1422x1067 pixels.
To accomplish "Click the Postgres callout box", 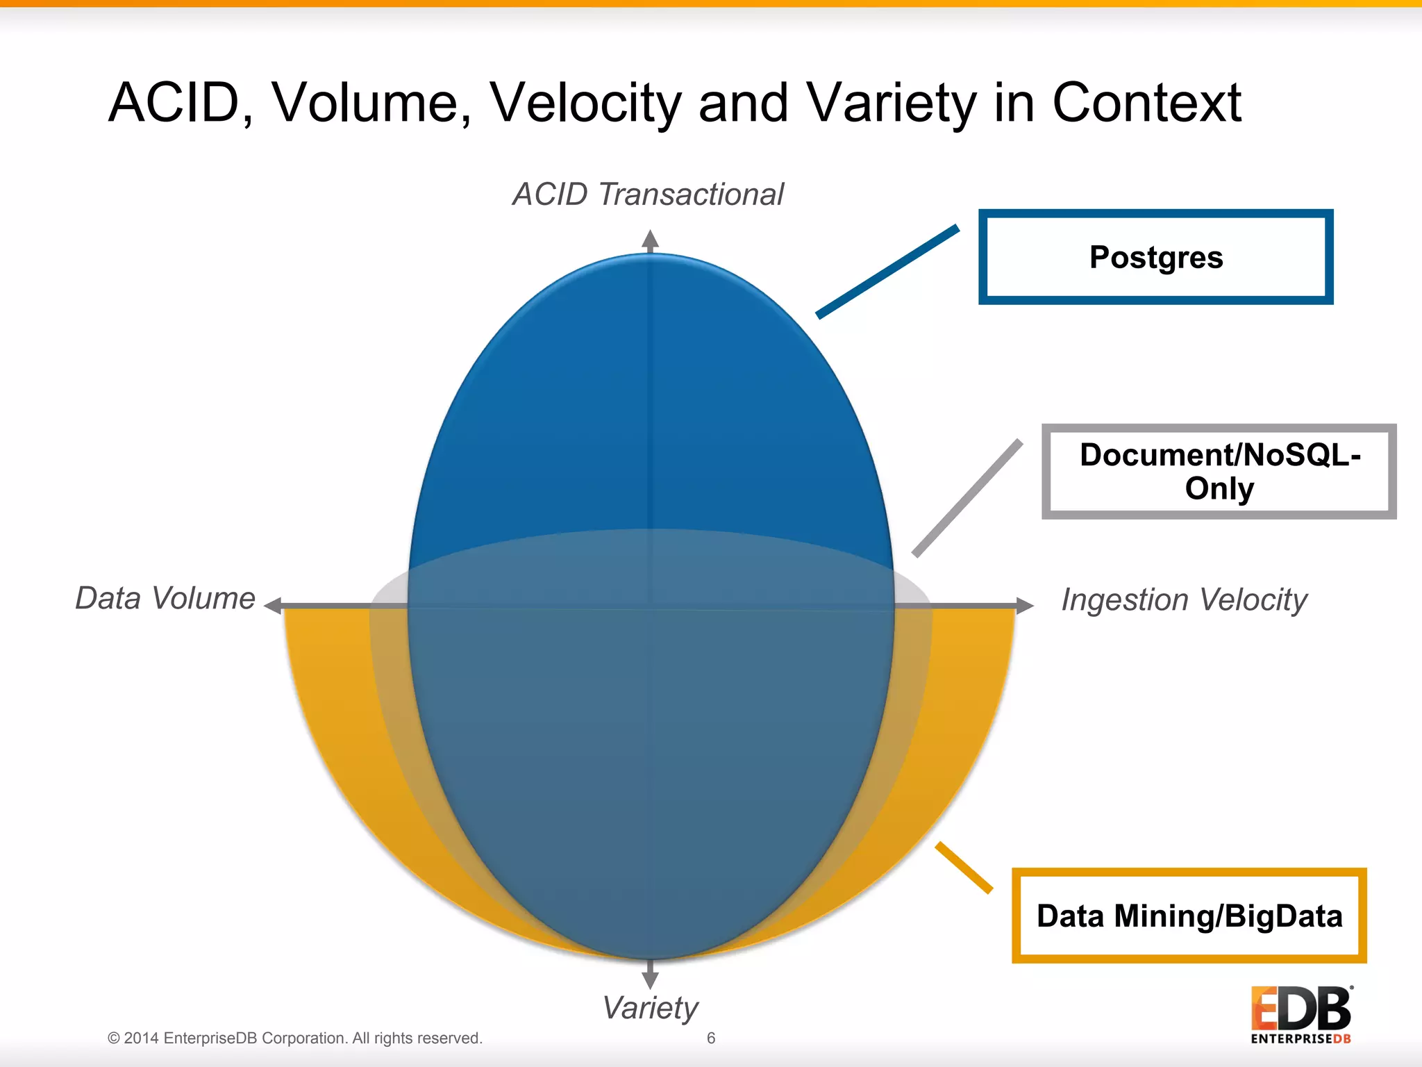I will click(x=1155, y=257).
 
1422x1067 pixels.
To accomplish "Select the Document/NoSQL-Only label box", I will click(x=1219, y=472).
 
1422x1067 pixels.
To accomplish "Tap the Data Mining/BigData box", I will click(x=1189, y=916).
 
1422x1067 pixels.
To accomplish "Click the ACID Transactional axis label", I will click(x=648, y=195).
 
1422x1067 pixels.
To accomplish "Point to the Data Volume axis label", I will click(x=165, y=598).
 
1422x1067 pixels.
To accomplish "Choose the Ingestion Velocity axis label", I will click(x=1184, y=599).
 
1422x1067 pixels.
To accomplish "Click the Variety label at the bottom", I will click(x=650, y=1007).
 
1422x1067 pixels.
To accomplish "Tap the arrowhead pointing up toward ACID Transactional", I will click(x=650, y=240).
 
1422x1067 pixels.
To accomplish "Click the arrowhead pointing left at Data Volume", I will click(x=274, y=606).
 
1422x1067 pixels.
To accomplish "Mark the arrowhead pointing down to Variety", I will click(x=650, y=979).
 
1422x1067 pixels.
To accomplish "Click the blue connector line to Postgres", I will click(x=887, y=272).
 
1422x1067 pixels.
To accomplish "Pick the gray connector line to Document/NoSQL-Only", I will click(x=967, y=497).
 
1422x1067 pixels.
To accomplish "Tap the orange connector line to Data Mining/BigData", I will click(x=964, y=867).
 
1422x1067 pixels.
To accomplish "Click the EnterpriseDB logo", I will click(x=1301, y=1015).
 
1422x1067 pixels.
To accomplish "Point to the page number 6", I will click(x=711, y=1038).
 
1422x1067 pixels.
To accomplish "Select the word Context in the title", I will click(x=1146, y=103).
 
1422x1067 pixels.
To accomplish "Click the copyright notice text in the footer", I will click(x=294, y=1038).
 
